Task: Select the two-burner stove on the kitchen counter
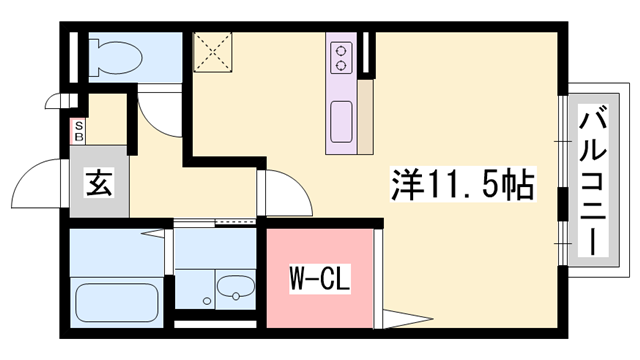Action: [x=341, y=56]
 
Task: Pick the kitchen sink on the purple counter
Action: [x=341, y=117]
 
